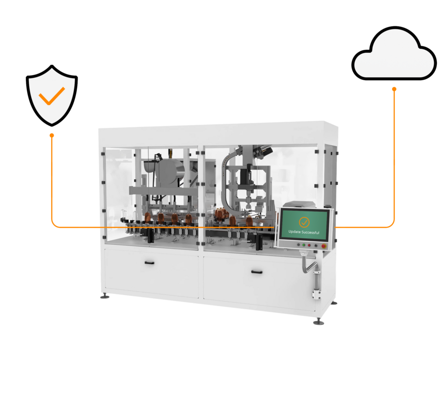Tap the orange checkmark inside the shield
[x=52, y=95]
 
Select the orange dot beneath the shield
[x=52, y=136]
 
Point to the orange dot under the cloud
[x=394, y=89]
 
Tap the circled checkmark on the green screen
[x=304, y=221]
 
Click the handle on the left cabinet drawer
[x=150, y=263]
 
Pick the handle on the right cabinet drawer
[x=257, y=272]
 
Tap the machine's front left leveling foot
[x=105, y=296]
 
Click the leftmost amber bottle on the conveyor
[x=147, y=217]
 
